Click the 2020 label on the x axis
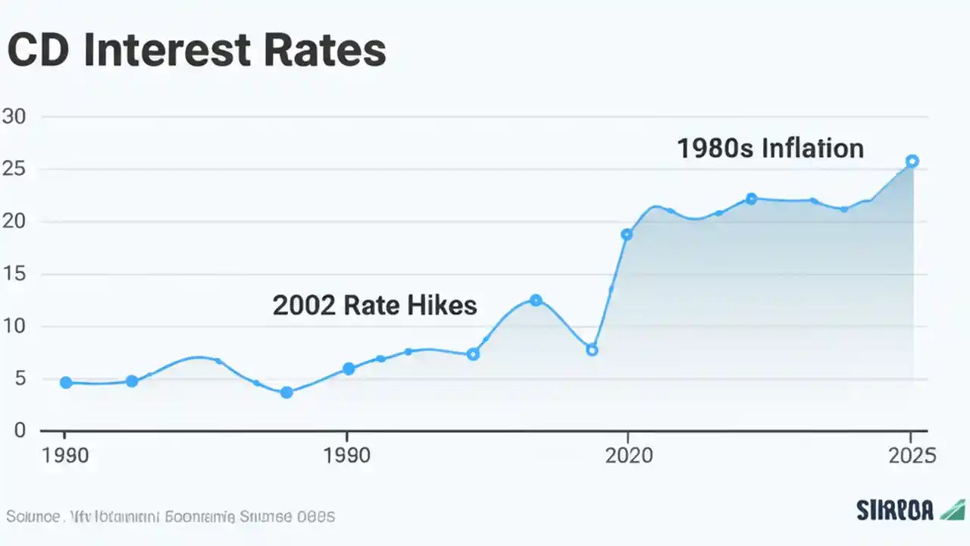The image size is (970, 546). (627, 456)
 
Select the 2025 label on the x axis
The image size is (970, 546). (912, 456)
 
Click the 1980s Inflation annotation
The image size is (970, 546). (770, 149)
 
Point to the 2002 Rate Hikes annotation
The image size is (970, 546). (374, 305)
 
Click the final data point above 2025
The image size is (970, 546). (912, 161)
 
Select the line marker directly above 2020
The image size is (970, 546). (627, 234)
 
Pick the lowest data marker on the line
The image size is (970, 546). (286, 392)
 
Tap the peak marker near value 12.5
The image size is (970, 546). (536, 300)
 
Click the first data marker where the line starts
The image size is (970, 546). (66, 383)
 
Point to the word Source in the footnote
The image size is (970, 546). (33, 517)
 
